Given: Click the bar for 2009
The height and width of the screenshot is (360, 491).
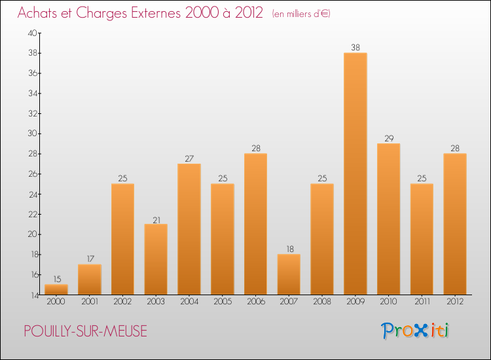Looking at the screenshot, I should [x=355, y=173].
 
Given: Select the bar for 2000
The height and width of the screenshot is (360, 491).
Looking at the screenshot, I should [x=56, y=289].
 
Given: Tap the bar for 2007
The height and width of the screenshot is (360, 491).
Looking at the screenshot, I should [x=289, y=274].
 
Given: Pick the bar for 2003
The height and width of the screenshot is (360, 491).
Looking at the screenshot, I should [x=156, y=259].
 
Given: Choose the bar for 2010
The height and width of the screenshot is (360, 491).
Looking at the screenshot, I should [x=388, y=219].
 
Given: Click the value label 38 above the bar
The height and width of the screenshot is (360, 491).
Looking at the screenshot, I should [x=355, y=47].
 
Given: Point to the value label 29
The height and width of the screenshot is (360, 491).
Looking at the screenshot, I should [x=388, y=138].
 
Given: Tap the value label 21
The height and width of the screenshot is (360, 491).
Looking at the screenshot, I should [x=156, y=219].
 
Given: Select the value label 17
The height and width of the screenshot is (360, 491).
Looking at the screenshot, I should [x=89, y=259].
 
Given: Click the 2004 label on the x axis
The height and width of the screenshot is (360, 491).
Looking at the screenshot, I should [x=189, y=302].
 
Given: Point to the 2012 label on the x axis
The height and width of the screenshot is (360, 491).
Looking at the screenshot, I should [x=454, y=302].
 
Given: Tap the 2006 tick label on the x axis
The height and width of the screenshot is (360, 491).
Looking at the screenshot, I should [x=255, y=302].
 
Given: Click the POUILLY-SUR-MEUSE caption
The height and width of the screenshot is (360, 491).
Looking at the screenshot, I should [x=85, y=331].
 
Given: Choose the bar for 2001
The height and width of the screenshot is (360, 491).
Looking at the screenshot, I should [x=89, y=279].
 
